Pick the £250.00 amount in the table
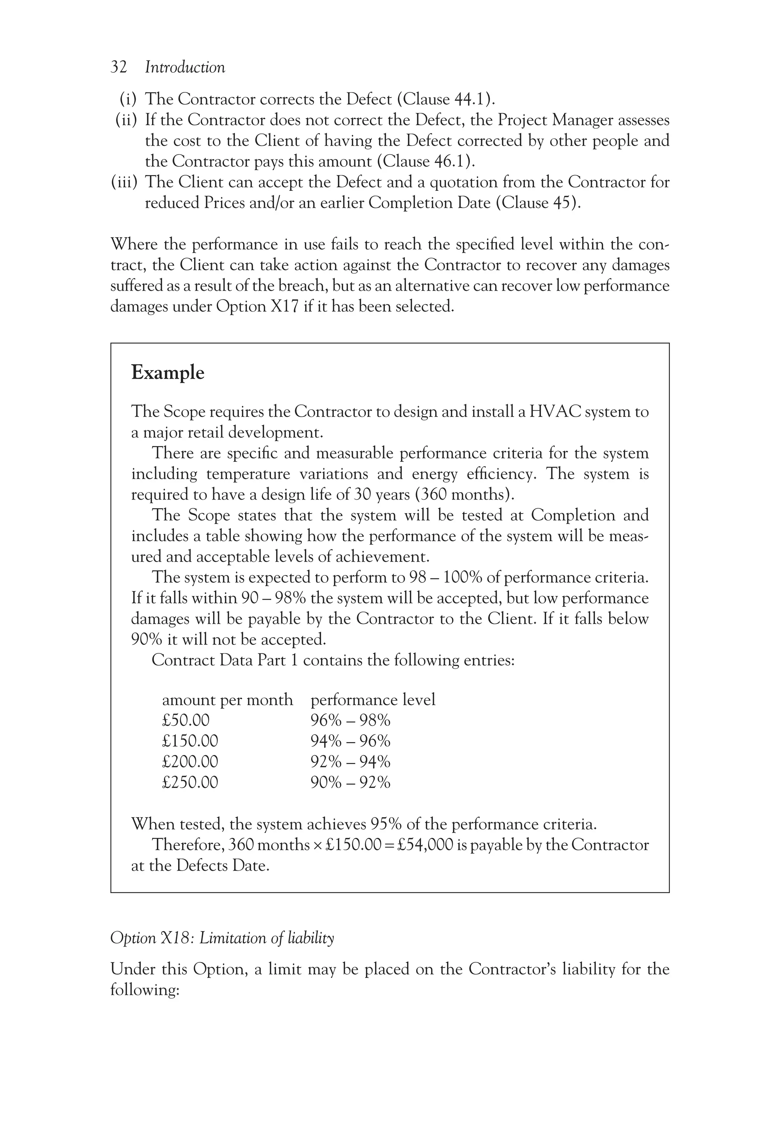190,782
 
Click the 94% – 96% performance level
350,741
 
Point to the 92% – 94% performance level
350,761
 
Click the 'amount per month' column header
227,700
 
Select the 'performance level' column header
373,700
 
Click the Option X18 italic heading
222,938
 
